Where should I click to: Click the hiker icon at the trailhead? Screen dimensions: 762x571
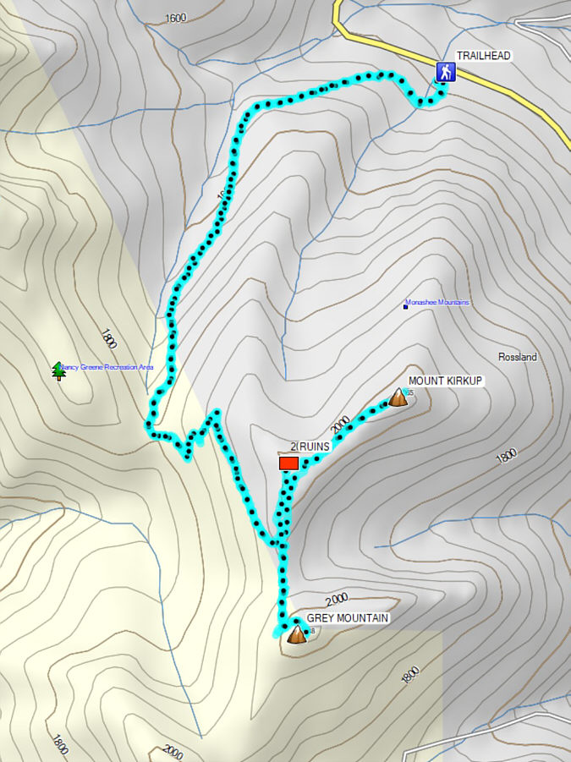click(x=442, y=72)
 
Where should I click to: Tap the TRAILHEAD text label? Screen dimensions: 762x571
click(x=485, y=56)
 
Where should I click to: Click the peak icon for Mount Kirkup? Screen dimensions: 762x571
click(x=398, y=397)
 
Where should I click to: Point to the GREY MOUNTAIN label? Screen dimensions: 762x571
click(x=348, y=619)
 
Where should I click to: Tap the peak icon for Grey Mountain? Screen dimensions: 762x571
click(x=296, y=634)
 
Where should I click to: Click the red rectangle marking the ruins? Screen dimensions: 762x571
click(x=288, y=463)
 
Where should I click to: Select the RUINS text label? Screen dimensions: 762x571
click(x=313, y=447)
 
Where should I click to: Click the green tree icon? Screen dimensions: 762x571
click(x=58, y=370)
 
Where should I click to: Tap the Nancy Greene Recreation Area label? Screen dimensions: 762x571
click(x=107, y=368)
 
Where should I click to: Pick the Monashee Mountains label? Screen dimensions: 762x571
click(x=437, y=303)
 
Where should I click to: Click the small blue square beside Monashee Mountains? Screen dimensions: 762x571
click(x=405, y=306)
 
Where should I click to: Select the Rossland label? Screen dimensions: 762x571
click(x=518, y=358)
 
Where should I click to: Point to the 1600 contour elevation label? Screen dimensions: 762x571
click(x=176, y=18)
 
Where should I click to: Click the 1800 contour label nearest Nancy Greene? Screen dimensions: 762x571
click(x=107, y=339)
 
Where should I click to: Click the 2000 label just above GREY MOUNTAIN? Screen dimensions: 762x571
click(x=336, y=600)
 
